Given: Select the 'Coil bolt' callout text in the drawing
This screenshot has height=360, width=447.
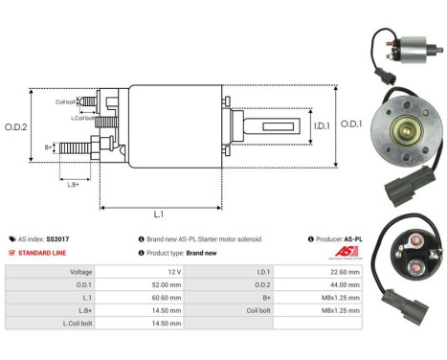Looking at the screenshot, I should click(66, 100).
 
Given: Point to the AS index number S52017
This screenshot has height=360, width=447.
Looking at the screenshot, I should click(58, 237).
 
